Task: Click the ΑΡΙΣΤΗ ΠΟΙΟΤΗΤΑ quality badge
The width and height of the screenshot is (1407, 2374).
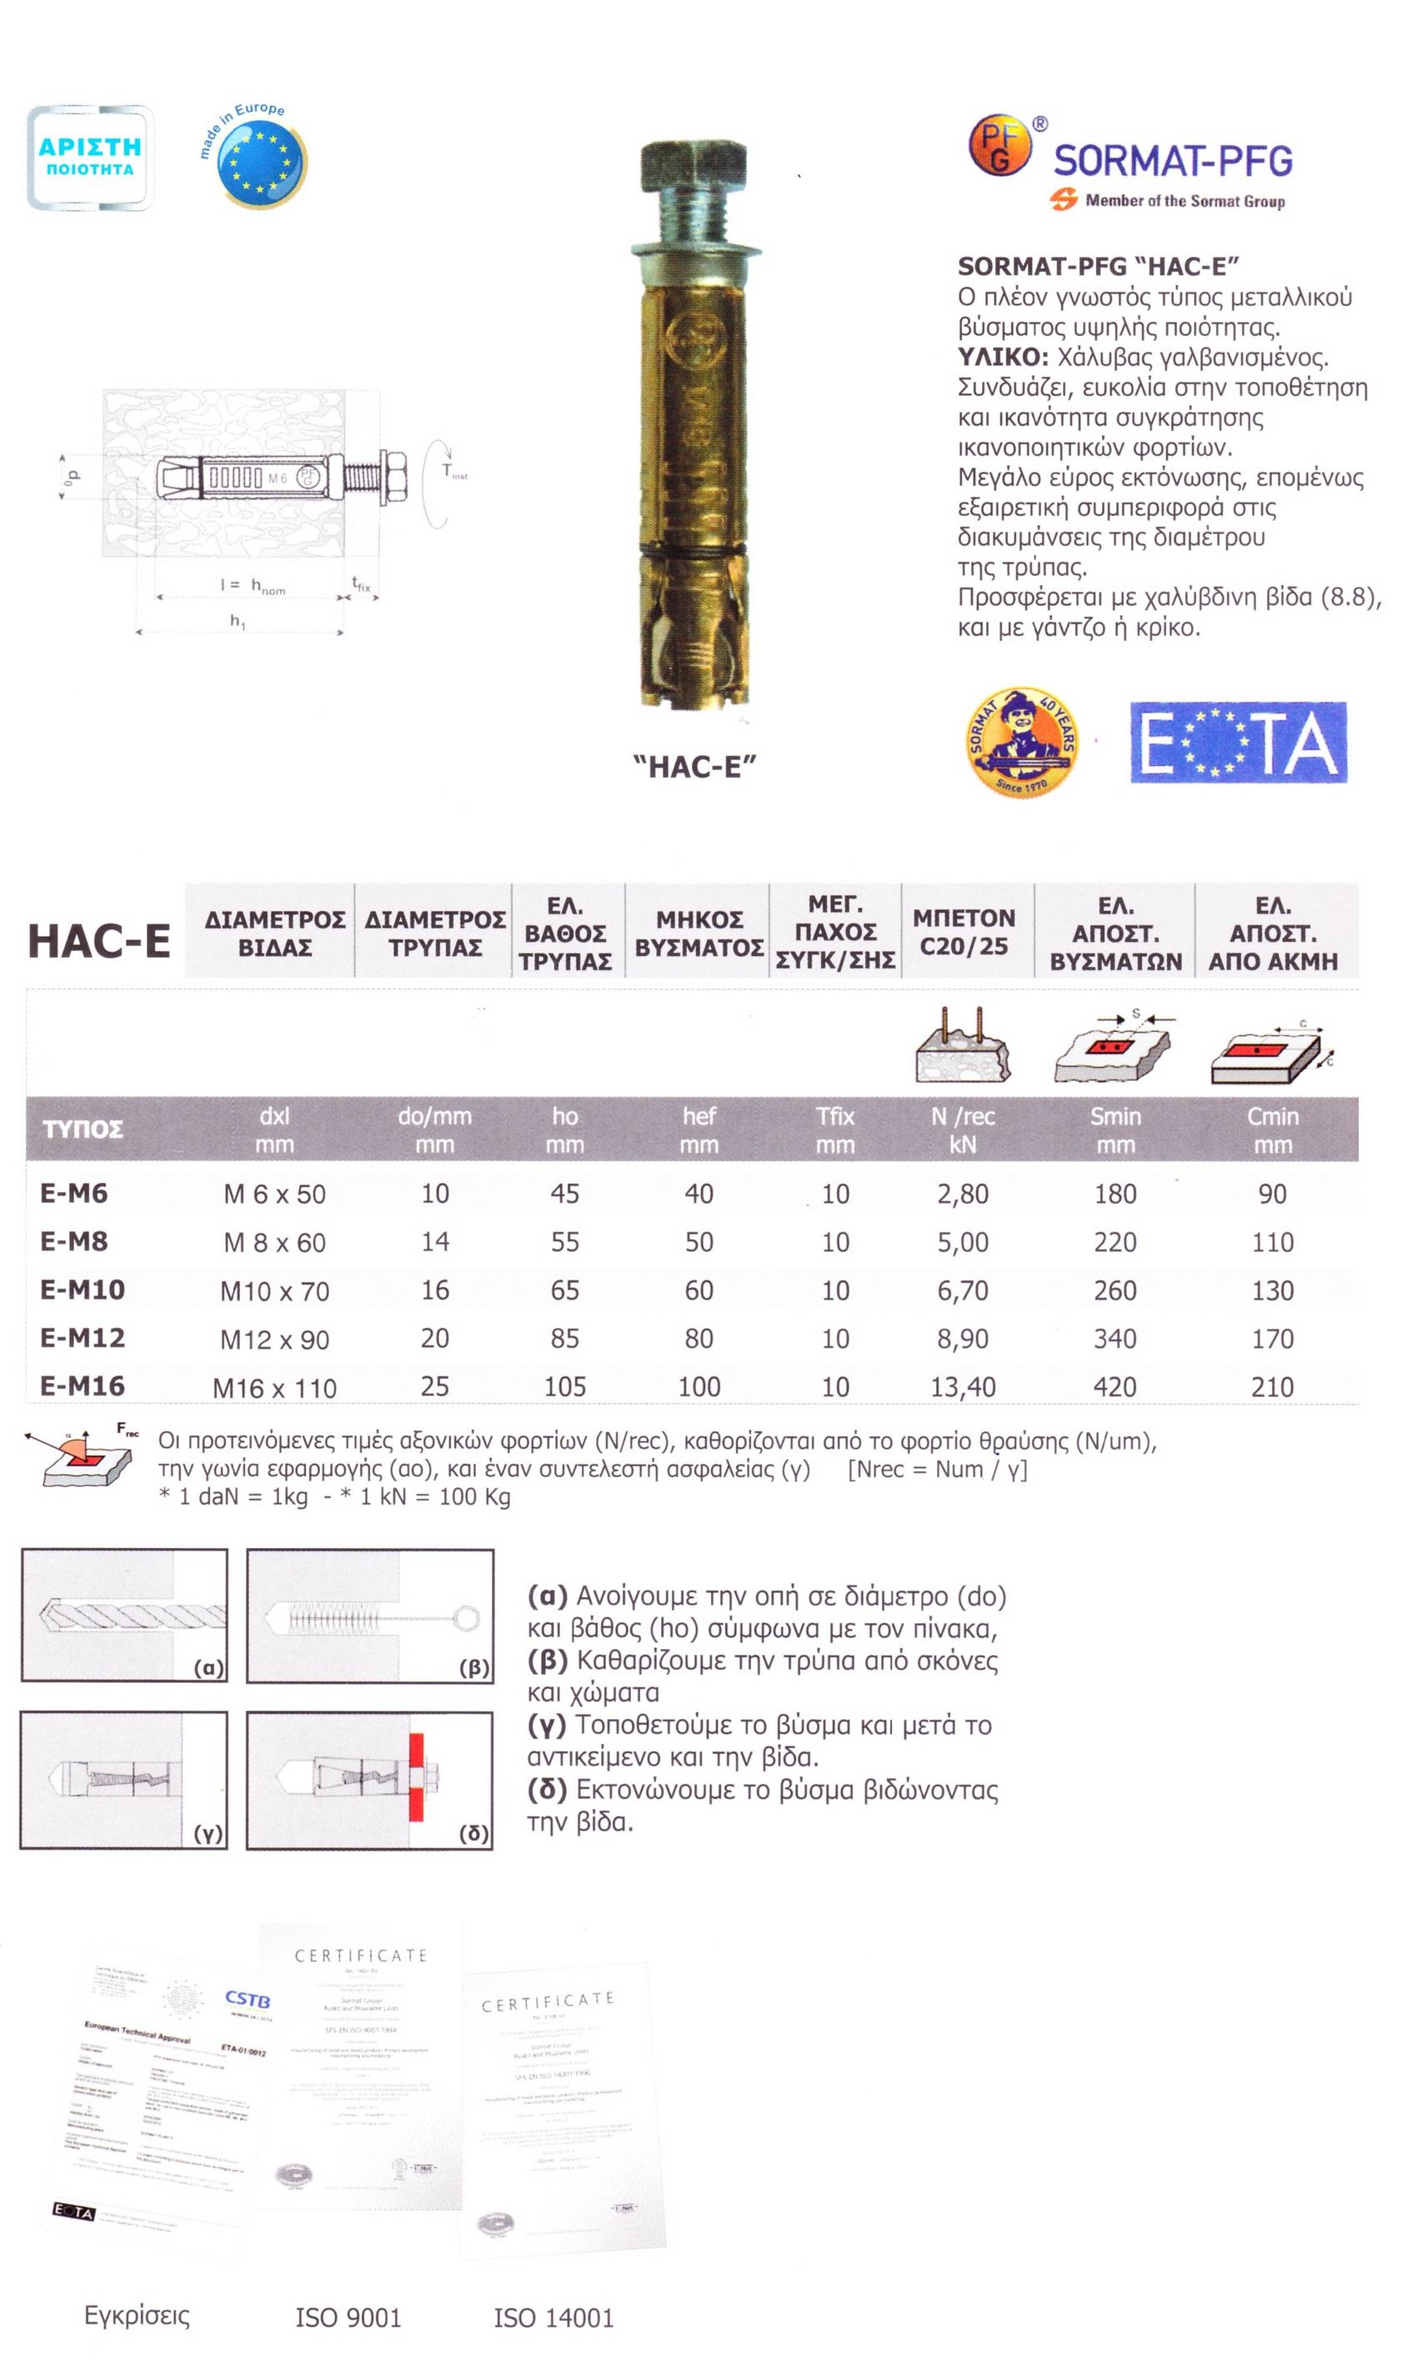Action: coord(90,158)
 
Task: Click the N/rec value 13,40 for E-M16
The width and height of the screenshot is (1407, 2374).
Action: coord(963,1387)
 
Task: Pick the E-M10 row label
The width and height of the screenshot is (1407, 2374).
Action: coord(83,1290)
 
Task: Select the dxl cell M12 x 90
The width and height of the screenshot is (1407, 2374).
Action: coord(274,1340)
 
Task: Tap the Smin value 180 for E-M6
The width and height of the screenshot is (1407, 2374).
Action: coord(1115,1194)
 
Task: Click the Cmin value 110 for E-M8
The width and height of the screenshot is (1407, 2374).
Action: coord(1271,1242)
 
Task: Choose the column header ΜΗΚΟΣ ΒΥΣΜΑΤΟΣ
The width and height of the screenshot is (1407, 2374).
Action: coord(698,933)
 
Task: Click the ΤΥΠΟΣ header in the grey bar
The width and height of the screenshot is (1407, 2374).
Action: coord(83,1129)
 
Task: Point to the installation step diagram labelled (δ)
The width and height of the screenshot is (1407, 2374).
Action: coord(370,1780)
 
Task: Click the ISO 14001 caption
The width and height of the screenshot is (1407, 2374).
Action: coord(553,2318)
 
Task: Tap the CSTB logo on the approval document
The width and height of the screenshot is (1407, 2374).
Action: coord(248,2000)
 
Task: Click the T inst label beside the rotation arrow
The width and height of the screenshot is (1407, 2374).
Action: coord(454,471)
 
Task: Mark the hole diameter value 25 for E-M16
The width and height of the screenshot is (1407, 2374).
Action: coord(434,1386)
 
